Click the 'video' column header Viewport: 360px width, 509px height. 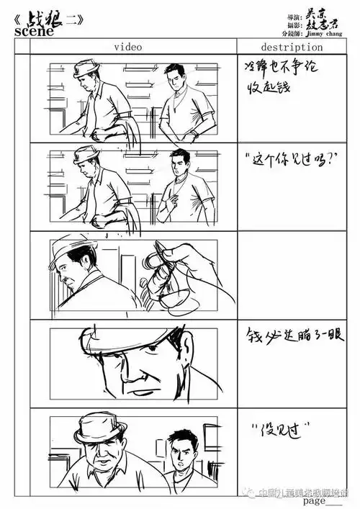[x=127, y=47]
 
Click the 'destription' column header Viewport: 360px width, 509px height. [x=292, y=47]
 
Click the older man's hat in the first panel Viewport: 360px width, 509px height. [x=86, y=68]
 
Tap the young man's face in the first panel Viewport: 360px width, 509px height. [x=175, y=80]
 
